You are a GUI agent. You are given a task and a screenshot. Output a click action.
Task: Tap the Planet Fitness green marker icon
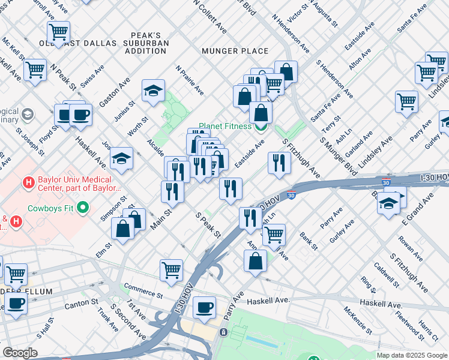coord(261,127)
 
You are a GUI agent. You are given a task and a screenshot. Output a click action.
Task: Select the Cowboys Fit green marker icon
coord(83,209)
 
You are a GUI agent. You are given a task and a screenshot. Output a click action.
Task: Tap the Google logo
coord(20,353)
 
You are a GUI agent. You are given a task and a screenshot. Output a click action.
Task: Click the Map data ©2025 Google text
coord(411,355)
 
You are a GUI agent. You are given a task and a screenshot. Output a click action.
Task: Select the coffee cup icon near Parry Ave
coord(205,307)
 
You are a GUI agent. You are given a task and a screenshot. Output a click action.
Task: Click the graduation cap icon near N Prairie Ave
coord(154,91)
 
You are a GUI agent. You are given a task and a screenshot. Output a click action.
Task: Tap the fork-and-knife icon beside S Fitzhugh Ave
coord(279,163)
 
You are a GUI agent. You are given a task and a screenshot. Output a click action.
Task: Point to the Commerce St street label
coord(143,293)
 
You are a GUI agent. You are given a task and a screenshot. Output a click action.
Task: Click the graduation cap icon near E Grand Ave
coord(389,203)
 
